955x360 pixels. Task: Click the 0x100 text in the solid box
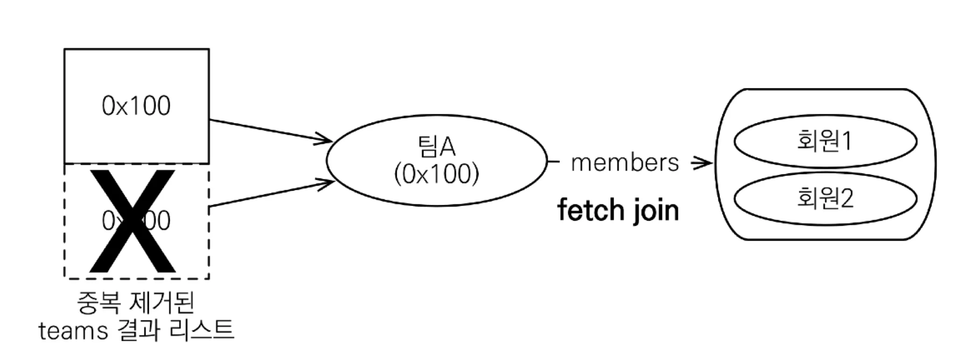136,106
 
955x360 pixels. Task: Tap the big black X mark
132,221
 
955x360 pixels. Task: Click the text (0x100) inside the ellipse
436,174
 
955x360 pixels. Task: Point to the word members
625,163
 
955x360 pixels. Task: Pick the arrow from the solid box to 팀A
270,130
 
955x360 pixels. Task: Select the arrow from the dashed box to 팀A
270,194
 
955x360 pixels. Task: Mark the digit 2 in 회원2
846,198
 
